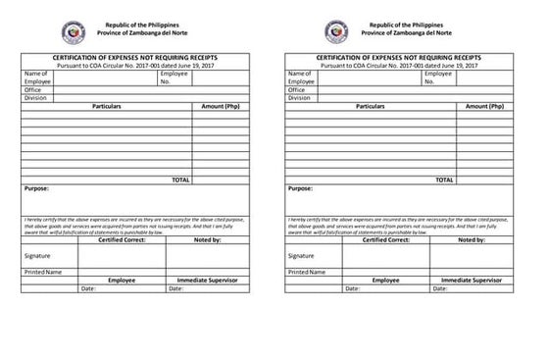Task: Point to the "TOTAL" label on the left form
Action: pyautogui.click(x=180, y=180)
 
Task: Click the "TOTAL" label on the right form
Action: pyautogui.click(x=445, y=180)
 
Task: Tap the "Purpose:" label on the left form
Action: pyautogui.click(x=37, y=188)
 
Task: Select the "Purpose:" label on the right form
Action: pyautogui.click(x=301, y=188)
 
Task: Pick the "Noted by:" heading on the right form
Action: pyautogui.click(x=472, y=239)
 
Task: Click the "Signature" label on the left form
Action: pyautogui.click(x=37, y=255)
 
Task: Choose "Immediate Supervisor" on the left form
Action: pyautogui.click(x=208, y=281)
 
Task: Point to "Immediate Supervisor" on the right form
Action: pyautogui.click(x=472, y=281)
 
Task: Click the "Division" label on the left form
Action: pyautogui.click(x=36, y=97)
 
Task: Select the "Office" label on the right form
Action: pyautogui.click(x=298, y=89)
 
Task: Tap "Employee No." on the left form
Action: pyautogui.click(x=174, y=77)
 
